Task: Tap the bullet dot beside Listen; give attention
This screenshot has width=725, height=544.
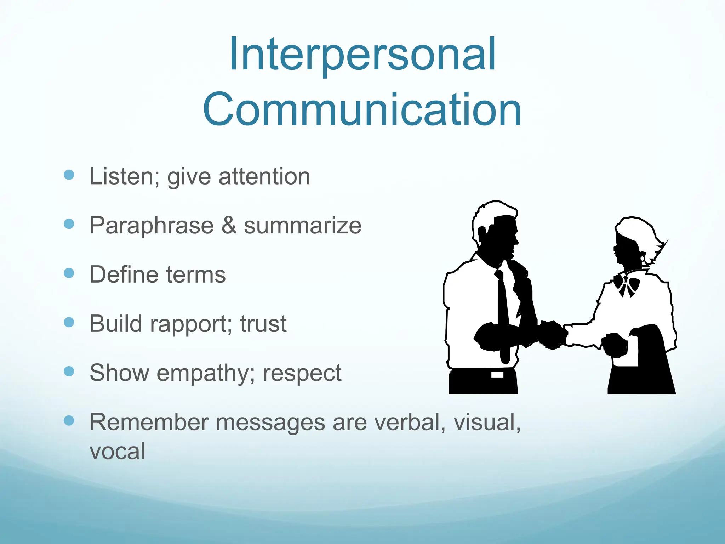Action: (69, 175)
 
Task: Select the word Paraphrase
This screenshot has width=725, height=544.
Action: (152, 225)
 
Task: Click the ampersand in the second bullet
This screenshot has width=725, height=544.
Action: (229, 225)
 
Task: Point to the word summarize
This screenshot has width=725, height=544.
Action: (303, 226)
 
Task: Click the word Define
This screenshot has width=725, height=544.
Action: (123, 274)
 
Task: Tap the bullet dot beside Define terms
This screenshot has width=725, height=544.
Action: (69, 273)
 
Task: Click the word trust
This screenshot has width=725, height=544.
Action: (263, 324)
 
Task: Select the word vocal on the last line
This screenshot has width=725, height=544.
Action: (117, 451)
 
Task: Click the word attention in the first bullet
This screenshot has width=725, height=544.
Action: (264, 176)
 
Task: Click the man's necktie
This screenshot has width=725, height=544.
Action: (503, 312)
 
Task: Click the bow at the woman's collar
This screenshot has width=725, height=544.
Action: (626, 285)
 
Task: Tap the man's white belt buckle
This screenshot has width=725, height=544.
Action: (497, 374)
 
